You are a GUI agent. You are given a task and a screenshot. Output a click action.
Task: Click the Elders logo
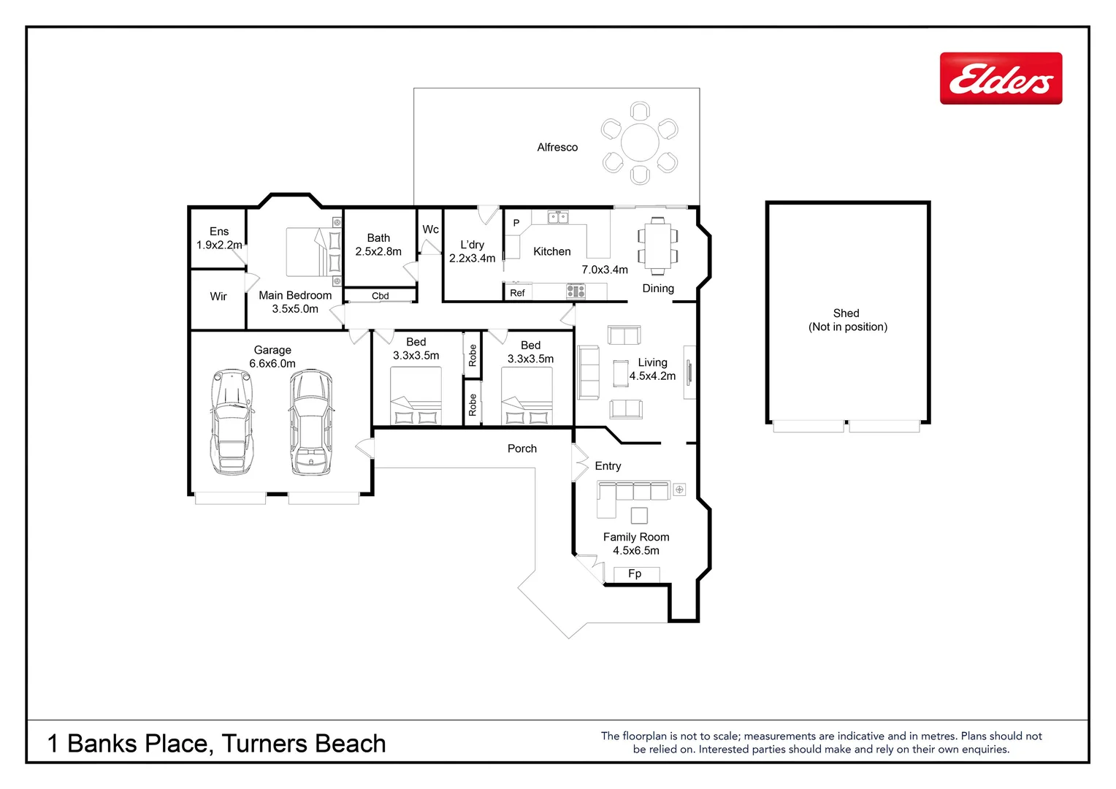click(x=1001, y=78)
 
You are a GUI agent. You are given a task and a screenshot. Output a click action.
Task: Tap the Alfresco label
click(x=557, y=148)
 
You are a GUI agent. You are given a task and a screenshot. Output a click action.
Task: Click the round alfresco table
click(x=640, y=142)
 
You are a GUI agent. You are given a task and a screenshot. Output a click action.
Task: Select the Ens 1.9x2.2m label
click(x=219, y=238)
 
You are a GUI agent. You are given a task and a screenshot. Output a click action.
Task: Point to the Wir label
click(x=218, y=297)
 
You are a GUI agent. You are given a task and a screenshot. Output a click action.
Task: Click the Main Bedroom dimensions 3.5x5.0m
click(x=295, y=309)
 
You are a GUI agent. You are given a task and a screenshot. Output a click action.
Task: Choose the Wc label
click(x=431, y=229)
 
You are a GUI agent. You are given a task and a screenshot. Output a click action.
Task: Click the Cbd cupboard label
click(x=381, y=296)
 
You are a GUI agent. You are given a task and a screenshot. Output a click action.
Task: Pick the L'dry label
click(x=472, y=245)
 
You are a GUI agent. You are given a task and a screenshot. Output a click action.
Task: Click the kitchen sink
click(x=558, y=217)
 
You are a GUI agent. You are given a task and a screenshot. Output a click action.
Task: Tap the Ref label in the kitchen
click(x=517, y=293)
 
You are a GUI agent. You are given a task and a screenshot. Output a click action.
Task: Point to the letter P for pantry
click(x=516, y=224)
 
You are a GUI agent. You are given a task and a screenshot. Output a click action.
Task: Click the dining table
click(x=657, y=245)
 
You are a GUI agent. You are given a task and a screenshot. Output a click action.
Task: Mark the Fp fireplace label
click(x=635, y=574)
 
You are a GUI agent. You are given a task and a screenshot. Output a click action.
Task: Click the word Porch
click(x=522, y=449)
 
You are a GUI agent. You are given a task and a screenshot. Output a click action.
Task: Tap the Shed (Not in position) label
click(x=847, y=320)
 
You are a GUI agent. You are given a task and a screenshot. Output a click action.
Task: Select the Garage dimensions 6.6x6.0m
click(x=272, y=364)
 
